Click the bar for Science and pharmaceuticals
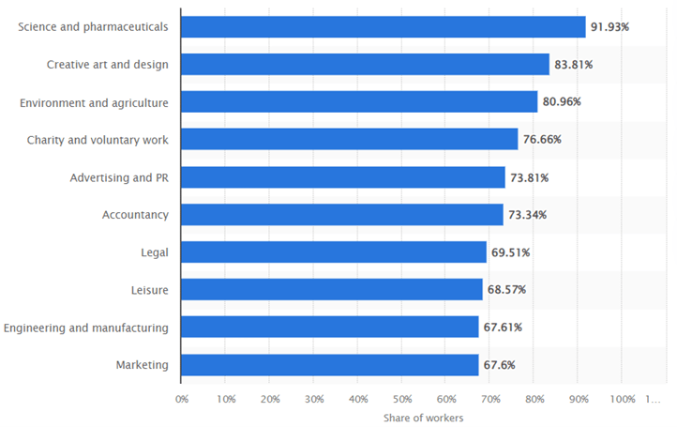click(x=383, y=26)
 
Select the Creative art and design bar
click(x=365, y=64)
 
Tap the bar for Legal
click(x=333, y=252)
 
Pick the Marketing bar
click(x=329, y=364)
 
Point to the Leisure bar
click(x=331, y=289)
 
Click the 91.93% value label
click(x=609, y=26)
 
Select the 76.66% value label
click(x=542, y=139)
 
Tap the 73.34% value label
click(x=527, y=215)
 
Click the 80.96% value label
click(x=562, y=101)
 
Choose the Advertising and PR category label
click(x=119, y=177)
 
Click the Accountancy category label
click(x=135, y=215)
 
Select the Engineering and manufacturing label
click(x=86, y=328)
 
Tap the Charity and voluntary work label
click(x=98, y=140)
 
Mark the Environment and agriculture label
click(x=94, y=102)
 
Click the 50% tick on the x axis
click(x=401, y=399)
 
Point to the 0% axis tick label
click(x=182, y=399)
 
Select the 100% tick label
click(x=622, y=399)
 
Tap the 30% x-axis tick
click(x=313, y=399)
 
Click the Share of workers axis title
click(x=423, y=418)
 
